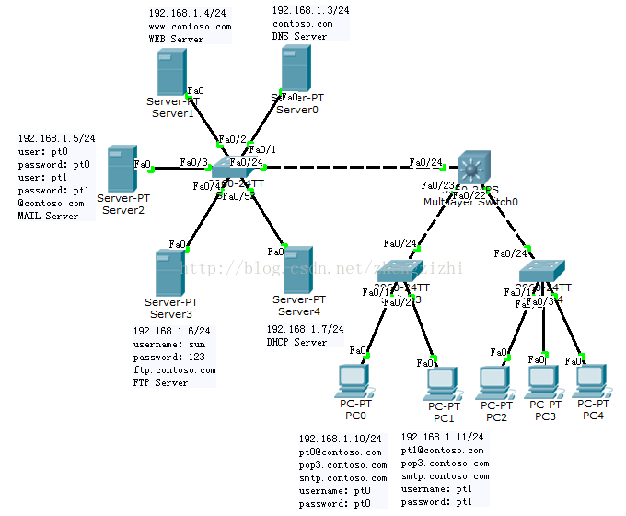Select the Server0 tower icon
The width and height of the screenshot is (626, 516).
point(294,67)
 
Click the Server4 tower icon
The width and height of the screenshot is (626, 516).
point(298,269)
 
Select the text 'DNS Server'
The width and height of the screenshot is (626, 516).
point(299,37)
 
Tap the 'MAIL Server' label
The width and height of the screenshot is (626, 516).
point(49,217)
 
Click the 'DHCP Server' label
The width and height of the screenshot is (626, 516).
point(296,343)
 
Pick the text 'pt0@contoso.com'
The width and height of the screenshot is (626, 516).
point(340,452)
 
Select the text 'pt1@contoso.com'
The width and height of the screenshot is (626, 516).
point(442,451)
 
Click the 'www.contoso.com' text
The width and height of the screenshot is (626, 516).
point(190,28)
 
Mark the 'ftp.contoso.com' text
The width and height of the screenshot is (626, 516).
point(174,370)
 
